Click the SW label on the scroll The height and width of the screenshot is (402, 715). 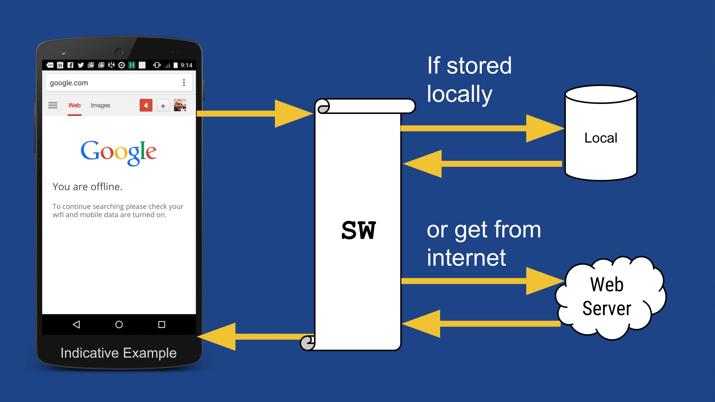(359, 230)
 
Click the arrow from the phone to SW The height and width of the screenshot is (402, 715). (254, 114)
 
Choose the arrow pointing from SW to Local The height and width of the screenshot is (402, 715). (483, 128)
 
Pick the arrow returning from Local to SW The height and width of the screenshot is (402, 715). (483, 164)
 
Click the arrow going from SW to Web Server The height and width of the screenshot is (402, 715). (483, 281)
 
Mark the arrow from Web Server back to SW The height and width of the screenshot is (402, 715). (483, 324)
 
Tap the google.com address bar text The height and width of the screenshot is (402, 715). (69, 83)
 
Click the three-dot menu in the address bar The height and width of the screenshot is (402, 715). (184, 83)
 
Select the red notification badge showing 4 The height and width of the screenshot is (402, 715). (146, 105)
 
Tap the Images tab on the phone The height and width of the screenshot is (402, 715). (100, 105)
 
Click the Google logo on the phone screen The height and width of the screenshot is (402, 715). (118, 152)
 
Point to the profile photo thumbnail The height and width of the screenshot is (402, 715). (180, 105)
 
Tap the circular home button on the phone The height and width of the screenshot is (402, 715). (119, 324)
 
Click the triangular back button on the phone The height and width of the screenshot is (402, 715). (76, 324)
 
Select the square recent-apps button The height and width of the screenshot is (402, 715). (162, 324)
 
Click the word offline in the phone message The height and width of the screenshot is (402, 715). (106, 187)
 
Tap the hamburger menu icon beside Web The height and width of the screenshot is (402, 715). (53, 105)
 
